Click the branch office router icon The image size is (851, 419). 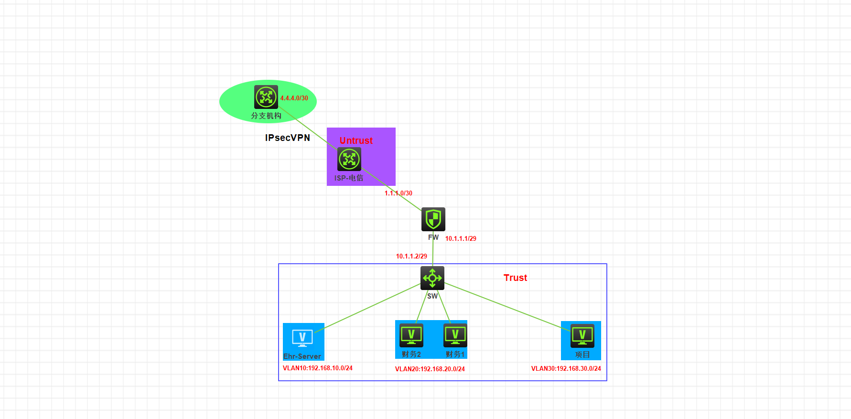(x=266, y=97)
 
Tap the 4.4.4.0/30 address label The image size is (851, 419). (x=294, y=98)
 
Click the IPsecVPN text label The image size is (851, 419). (x=288, y=138)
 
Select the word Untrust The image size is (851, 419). (x=356, y=140)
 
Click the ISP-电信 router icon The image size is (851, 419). (x=349, y=159)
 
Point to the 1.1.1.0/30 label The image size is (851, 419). (x=399, y=193)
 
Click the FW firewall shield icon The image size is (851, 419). (x=433, y=219)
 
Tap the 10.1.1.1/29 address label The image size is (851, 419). (x=461, y=238)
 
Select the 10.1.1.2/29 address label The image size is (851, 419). (x=411, y=256)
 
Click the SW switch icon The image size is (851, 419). (x=432, y=278)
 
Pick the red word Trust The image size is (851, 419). (x=515, y=278)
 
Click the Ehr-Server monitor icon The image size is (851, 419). (x=302, y=338)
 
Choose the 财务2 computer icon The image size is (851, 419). (x=411, y=335)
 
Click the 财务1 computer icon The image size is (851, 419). (x=455, y=335)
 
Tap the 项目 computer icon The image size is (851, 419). (x=582, y=336)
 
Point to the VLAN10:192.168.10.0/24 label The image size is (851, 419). (x=318, y=368)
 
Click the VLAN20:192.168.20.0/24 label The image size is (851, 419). (x=430, y=369)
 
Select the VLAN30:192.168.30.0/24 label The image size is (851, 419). (x=566, y=368)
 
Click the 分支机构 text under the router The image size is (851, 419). (x=266, y=116)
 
